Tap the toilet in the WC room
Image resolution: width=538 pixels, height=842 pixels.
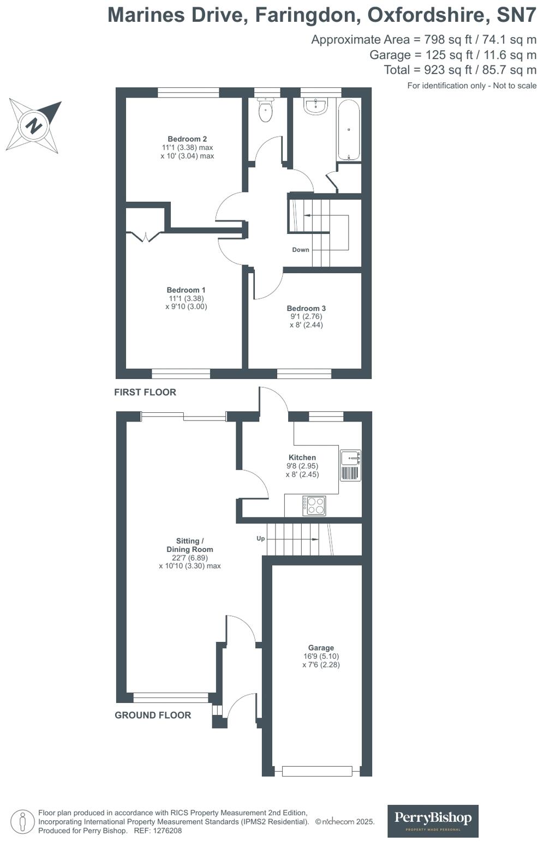[265, 111]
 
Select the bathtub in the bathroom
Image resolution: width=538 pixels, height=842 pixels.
[349, 130]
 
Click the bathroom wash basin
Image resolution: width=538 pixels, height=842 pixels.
[315, 106]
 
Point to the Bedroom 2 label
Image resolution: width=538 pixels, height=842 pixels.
[187, 139]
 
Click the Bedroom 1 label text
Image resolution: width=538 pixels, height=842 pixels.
[186, 290]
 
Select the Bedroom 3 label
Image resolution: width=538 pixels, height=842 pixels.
[306, 309]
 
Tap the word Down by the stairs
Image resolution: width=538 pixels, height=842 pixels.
[301, 250]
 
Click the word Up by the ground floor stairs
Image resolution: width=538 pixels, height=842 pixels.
[261, 538]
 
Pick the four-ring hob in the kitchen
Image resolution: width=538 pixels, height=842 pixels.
[315, 506]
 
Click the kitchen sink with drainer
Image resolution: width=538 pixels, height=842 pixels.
[350, 465]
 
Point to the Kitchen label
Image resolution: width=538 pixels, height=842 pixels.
[302, 458]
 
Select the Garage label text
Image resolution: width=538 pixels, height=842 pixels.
[321, 648]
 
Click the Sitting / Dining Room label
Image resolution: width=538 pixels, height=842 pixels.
[190, 545]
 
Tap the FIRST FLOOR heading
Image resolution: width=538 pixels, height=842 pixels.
[145, 392]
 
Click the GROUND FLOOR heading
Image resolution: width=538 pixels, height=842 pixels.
[153, 715]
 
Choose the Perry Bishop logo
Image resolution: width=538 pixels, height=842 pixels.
[433, 821]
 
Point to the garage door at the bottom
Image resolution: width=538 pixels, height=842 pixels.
[317, 771]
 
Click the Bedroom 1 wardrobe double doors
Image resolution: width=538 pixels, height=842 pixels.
[145, 236]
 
